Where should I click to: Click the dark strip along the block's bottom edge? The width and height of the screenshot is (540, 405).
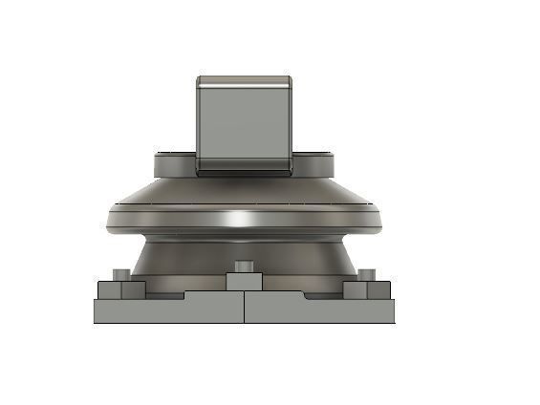(245, 172)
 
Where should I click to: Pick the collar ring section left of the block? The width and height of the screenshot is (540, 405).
(175, 164)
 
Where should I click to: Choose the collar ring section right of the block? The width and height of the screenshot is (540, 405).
(313, 164)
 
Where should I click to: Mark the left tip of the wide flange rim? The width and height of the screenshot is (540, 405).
(107, 217)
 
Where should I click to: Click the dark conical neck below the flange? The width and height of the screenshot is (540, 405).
(191, 256)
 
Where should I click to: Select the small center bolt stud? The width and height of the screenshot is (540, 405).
(244, 265)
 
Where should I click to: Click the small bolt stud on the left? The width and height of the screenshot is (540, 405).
(120, 276)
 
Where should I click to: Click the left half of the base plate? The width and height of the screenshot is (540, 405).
(167, 311)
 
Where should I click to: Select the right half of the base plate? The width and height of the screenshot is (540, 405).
(320, 311)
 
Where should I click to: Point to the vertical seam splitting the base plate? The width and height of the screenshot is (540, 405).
(244, 310)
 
